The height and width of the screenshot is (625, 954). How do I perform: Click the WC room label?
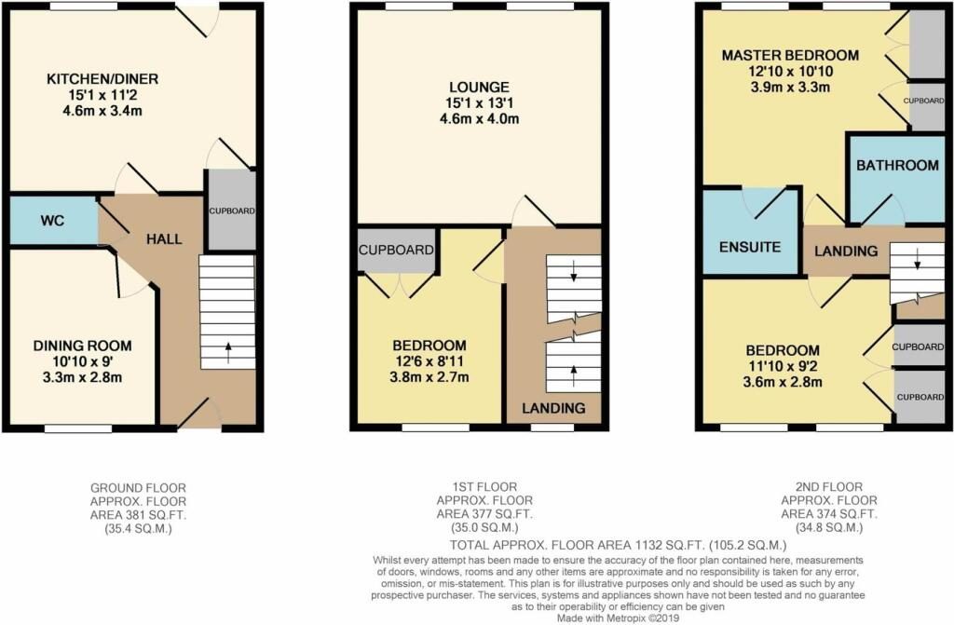tap(52, 222)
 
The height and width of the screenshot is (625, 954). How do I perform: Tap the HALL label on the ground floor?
tap(164, 239)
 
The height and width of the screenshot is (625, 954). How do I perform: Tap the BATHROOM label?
tap(897, 165)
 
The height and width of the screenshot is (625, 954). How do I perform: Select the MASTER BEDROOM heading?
tap(789, 56)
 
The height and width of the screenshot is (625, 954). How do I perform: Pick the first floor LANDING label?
tap(553, 408)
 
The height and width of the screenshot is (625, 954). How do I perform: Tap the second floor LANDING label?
tap(846, 251)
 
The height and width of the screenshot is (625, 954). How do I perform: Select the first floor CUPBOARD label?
tap(396, 251)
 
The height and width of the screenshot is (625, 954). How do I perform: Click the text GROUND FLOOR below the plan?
tap(137, 487)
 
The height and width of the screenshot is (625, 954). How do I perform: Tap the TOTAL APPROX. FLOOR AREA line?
tap(619, 544)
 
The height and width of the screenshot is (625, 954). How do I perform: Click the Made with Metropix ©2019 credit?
tap(618, 618)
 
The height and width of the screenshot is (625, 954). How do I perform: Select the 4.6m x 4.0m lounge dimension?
tap(478, 118)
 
